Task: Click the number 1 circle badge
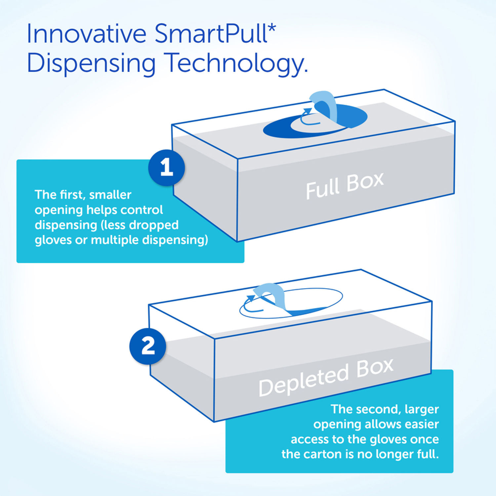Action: [166, 168]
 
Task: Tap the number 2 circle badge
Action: [147, 346]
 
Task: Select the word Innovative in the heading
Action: [87, 33]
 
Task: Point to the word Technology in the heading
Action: [237, 63]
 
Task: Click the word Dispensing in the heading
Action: [91, 63]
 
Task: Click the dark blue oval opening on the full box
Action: [315, 121]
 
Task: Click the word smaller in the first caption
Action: [110, 195]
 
